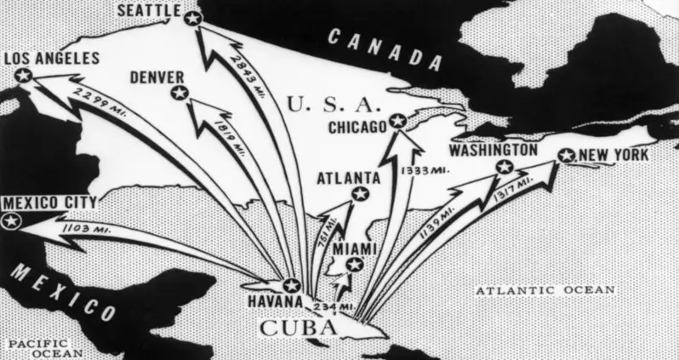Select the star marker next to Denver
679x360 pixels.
click(179, 94)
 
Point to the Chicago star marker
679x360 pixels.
click(395, 122)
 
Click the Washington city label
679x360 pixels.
click(494, 150)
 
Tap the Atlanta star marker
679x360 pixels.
click(359, 196)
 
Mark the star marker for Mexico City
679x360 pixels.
click(11, 221)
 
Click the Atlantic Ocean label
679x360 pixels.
click(545, 290)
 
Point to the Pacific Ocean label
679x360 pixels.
click(42, 347)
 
